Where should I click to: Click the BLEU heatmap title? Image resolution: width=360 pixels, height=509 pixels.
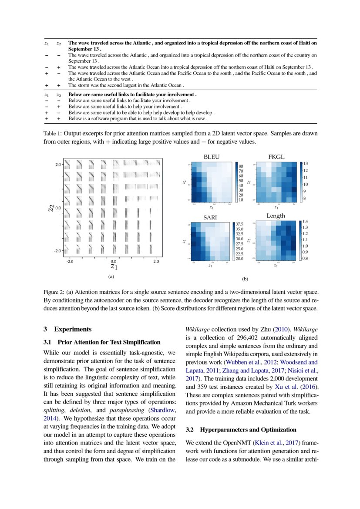(212, 156)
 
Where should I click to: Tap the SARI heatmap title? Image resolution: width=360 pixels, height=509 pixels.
(211, 216)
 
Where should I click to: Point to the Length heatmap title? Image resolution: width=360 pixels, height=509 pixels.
(276, 216)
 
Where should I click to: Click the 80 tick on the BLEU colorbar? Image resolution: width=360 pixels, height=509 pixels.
(241, 166)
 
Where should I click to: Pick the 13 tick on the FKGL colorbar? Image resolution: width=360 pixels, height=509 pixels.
(305, 164)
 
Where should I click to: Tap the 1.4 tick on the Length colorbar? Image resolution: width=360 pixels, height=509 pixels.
(305, 222)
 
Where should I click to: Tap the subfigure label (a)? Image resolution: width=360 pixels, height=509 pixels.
(111, 276)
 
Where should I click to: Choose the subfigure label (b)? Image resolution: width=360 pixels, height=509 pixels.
(245, 279)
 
